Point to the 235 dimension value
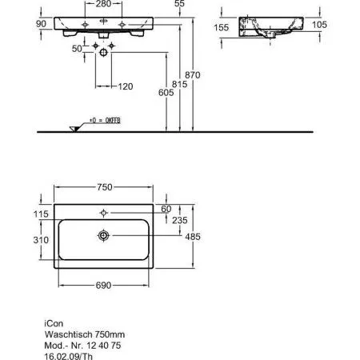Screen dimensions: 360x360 point(180,221)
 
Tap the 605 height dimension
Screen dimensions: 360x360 point(165,94)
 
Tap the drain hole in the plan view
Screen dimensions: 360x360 point(103,236)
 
